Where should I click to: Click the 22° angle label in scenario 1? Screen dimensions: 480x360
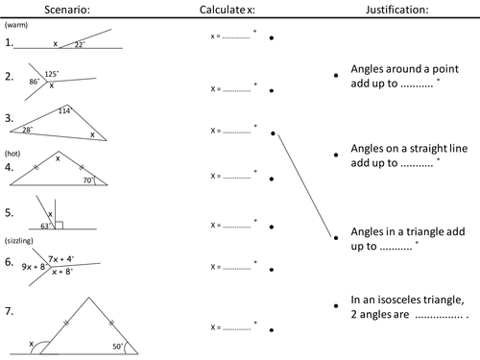80,44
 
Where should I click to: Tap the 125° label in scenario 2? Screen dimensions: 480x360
52,74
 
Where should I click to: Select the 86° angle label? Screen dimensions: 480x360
35,82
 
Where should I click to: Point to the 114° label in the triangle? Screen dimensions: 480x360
65,110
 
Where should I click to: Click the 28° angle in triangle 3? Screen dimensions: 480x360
28,130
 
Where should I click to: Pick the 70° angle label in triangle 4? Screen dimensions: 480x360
88,180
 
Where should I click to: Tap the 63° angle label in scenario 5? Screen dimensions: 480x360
45,226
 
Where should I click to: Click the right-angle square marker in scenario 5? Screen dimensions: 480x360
59,226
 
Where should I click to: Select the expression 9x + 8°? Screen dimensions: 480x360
35,267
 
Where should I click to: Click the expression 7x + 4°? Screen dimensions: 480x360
61,259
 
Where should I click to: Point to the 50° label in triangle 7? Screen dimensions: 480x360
118,347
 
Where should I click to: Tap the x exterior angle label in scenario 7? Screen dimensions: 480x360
31,344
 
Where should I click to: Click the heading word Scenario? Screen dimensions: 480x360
67,10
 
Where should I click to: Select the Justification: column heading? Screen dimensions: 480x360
397,10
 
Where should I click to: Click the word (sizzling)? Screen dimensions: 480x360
19,241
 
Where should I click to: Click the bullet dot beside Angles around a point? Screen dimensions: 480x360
336,76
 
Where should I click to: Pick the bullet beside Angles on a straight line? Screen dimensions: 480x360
336,155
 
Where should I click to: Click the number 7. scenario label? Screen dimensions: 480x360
10,311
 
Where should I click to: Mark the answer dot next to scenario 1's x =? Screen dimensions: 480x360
272,38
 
